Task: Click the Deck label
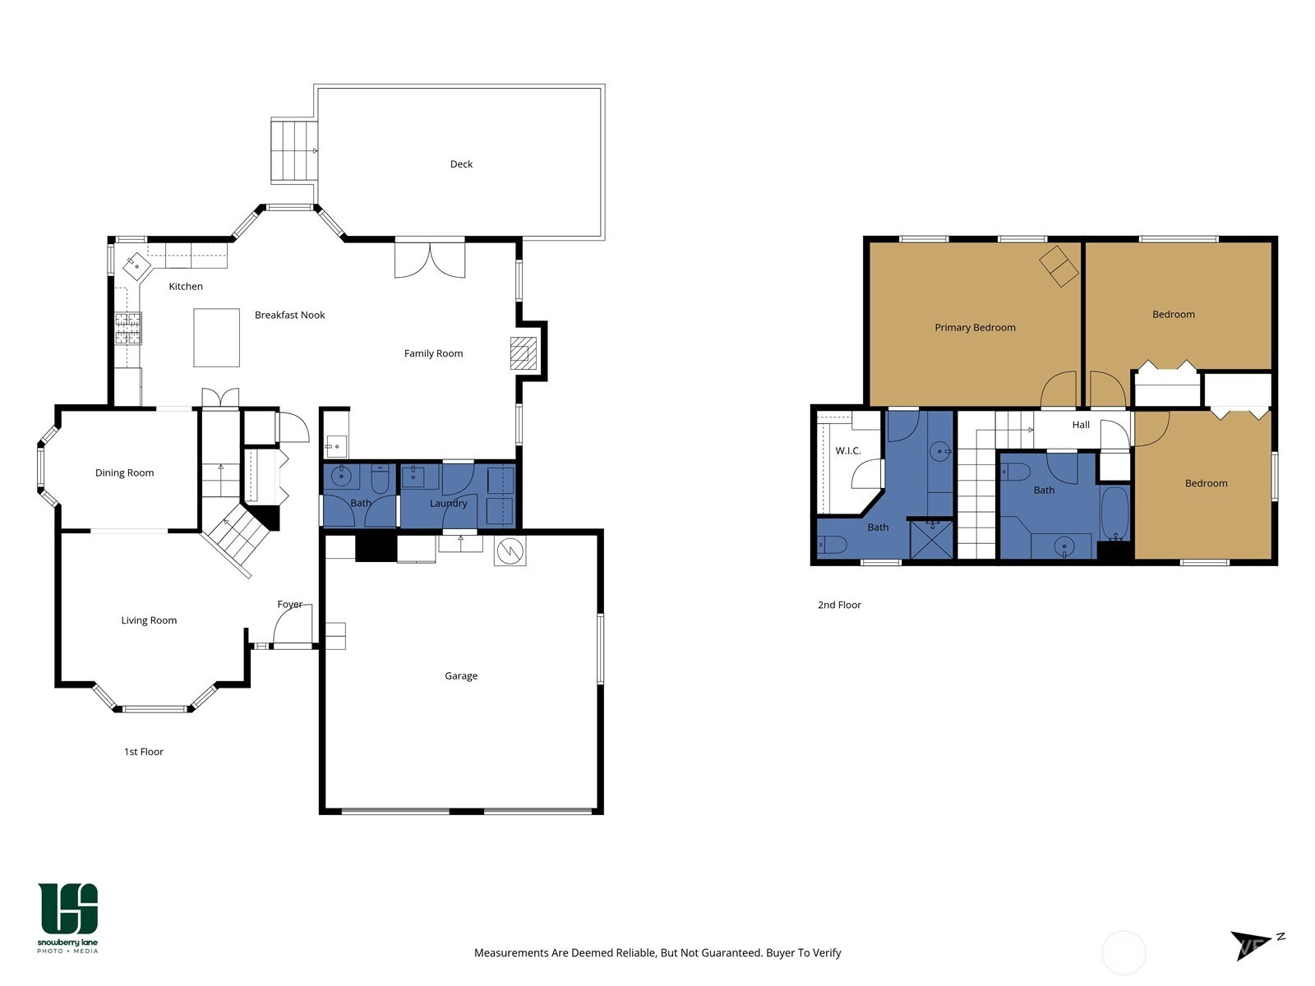tap(461, 164)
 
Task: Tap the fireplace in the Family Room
tap(523, 353)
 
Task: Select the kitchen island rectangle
tap(216, 337)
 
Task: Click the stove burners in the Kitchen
tap(128, 328)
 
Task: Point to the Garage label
tap(461, 676)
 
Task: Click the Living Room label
tap(149, 620)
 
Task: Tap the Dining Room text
tap(124, 473)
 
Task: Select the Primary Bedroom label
tap(975, 328)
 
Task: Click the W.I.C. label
tap(847, 451)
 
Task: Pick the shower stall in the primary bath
tap(931, 540)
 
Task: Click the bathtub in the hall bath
tap(1114, 513)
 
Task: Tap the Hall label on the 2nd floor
tap(1081, 425)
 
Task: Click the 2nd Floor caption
tap(839, 605)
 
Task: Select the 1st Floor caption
tap(143, 751)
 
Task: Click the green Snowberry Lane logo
tap(67, 917)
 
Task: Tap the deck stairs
tap(293, 150)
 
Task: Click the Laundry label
tap(448, 503)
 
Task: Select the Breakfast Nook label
tap(289, 315)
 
